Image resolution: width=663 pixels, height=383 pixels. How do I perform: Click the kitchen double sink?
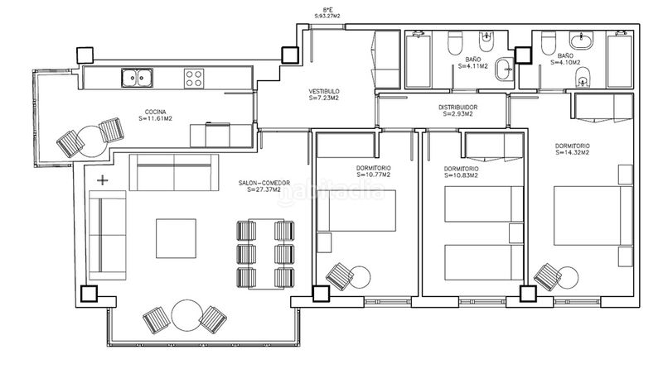coord(137,78)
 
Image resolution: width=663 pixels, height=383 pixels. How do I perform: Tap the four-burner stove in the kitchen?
coord(194,79)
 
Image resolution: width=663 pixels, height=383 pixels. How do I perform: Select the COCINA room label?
coord(155,112)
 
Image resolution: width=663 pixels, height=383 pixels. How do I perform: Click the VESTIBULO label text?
coord(324,91)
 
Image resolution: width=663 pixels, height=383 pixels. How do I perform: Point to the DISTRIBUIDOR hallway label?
coord(458,108)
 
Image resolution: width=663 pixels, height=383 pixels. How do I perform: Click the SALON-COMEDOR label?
coord(264,183)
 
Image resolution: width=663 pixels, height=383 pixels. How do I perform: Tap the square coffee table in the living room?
coord(176,238)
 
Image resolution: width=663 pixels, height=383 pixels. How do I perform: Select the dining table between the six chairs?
coord(266,254)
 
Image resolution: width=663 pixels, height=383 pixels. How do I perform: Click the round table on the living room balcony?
coord(186,315)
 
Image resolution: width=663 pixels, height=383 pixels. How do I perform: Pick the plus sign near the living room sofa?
coord(102,180)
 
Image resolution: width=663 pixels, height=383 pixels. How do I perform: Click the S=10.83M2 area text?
coord(461,175)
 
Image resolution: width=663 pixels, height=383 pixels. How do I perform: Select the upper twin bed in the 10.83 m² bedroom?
coord(484,204)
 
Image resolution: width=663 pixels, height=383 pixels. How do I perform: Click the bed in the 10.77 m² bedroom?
coord(356,210)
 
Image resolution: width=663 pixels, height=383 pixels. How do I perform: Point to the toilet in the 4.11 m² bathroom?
coord(455,43)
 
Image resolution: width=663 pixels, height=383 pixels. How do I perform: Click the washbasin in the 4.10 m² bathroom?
coord(582,41)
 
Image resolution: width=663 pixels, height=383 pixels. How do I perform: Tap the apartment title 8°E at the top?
coord(327,9)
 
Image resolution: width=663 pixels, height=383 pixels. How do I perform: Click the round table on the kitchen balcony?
coord(92,141)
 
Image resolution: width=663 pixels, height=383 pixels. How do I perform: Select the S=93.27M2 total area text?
coord(327,16)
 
